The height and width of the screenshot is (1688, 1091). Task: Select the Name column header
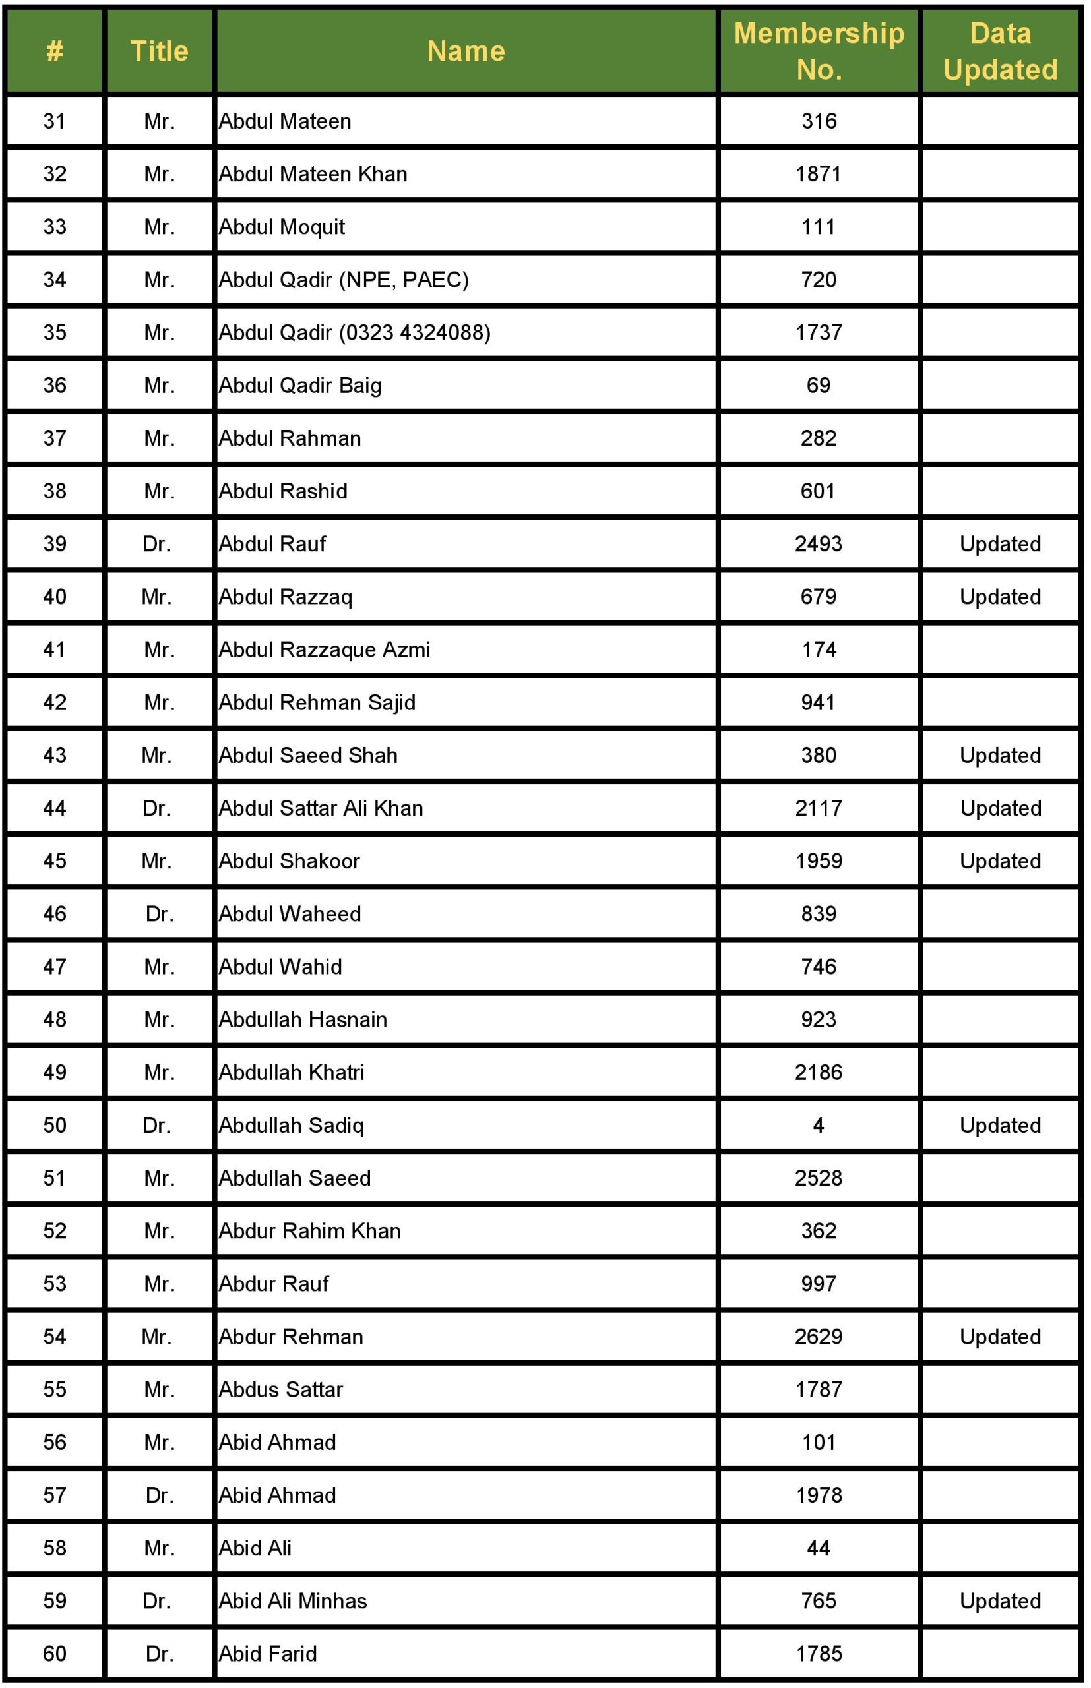click(466, 51)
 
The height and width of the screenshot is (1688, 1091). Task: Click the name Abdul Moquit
click(281, 227)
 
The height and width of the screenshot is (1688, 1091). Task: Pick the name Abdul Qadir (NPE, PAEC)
click(344, 280)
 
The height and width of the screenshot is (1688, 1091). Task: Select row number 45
click(55, 861)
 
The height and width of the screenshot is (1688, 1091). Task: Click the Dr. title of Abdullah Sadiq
click(156, 1125)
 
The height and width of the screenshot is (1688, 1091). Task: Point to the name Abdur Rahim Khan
click(309, 1230)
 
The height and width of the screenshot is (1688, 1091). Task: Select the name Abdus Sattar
click(280, 1389)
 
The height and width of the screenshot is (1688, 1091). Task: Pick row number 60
click(55, 1653)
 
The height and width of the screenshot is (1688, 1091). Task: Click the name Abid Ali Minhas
click(293, 1600)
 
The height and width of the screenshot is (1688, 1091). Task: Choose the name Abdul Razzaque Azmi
click(324, 649)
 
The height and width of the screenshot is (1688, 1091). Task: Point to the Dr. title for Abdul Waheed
click(160, 913)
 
